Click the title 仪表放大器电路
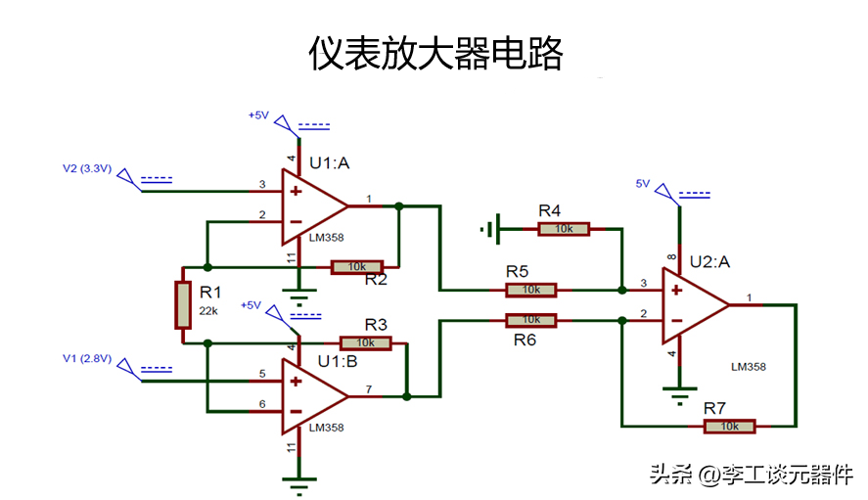[436, 53]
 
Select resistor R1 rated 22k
[183, 304]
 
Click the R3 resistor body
[366, 342]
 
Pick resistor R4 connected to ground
[564, 229]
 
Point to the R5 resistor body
[530, 290]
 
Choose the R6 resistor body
[530, 320]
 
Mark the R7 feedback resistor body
[729, 426]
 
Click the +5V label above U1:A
[258, 115]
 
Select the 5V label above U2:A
[642, 183]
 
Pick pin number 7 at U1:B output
[369, 388]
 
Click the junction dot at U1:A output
[398, 206]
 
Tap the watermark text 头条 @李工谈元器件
[752, 475]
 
